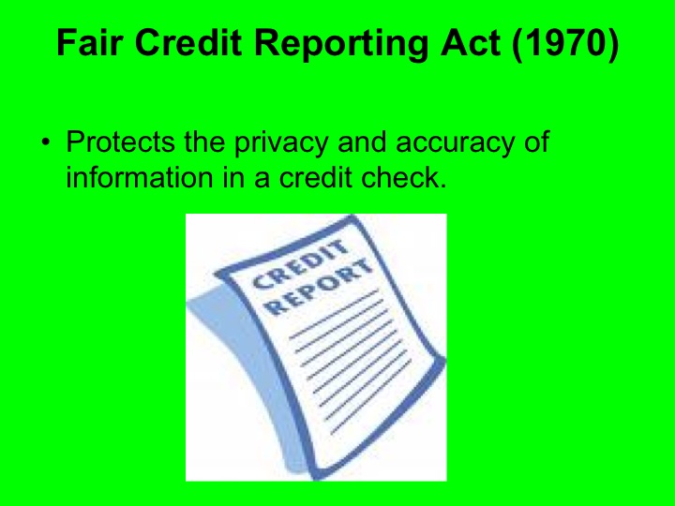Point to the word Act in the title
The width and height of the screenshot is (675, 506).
[475, 44]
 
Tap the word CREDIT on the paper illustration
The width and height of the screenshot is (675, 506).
[302, 262]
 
